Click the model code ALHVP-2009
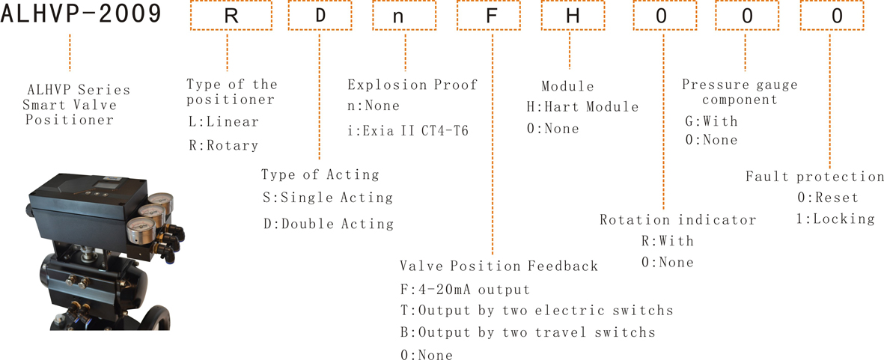82,15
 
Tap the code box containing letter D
320,15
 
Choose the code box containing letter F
492,15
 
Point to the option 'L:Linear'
224,122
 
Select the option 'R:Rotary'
224,145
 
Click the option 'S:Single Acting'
328,198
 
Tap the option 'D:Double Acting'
329,224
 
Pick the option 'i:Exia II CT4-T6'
408,131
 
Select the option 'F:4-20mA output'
465,290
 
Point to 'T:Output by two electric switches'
537,311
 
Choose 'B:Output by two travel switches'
528,332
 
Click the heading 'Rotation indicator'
677,219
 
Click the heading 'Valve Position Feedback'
499,266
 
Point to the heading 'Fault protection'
814,177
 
